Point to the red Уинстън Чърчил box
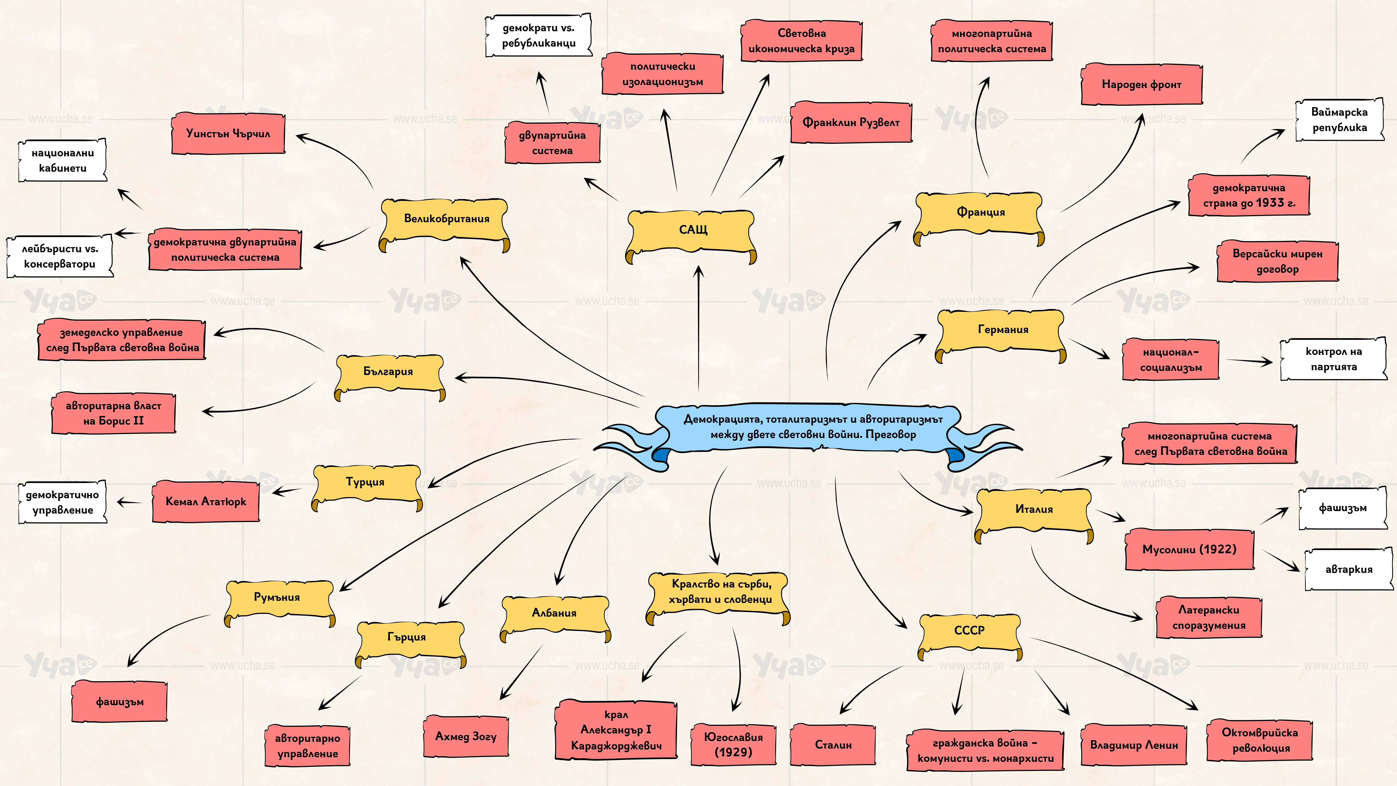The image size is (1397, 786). coord(228,134)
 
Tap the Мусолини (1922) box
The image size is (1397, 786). coord(1189,550)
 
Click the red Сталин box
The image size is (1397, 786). coord(833,745)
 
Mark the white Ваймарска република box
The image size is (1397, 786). coord(1340,120)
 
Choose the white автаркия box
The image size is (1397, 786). coord(1349,570)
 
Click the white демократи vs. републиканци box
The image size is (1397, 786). coord(538,35)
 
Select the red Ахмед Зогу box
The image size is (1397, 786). coord(466,736)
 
